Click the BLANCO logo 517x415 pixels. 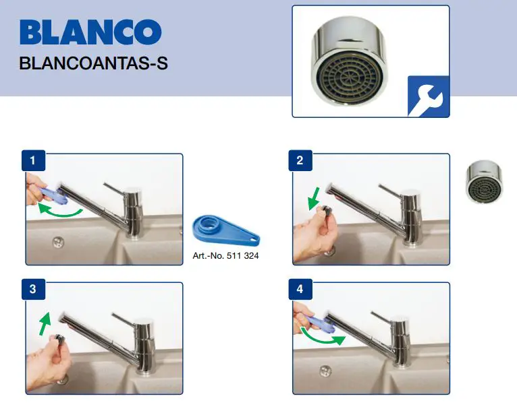click(x=90, y=32)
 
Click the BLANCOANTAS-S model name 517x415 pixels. click(x=94, y=64)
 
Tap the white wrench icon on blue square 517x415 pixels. click(x=428, y=96)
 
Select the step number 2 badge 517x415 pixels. click(x=301, y=161)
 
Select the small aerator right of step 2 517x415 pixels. click(x=484, y=181)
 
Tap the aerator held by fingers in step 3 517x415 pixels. click(x=59, y=338)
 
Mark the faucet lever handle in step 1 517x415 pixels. click(x=116, y=186)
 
